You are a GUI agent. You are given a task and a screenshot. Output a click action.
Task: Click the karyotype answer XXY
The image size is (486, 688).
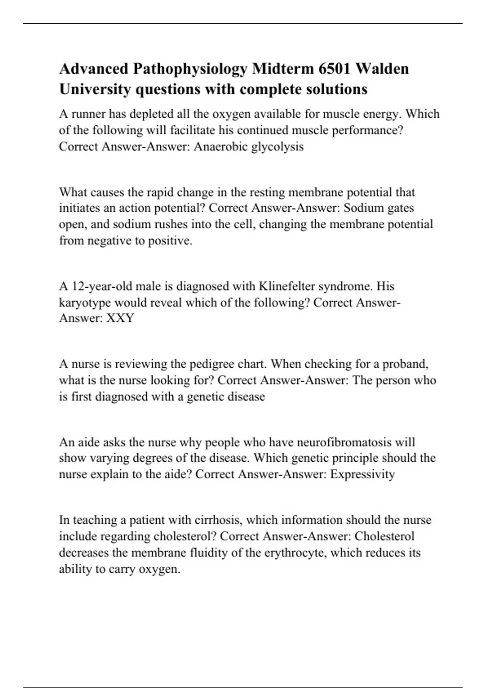point(120,318)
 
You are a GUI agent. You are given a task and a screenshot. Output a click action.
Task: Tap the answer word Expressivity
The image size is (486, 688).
point(362,474)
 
